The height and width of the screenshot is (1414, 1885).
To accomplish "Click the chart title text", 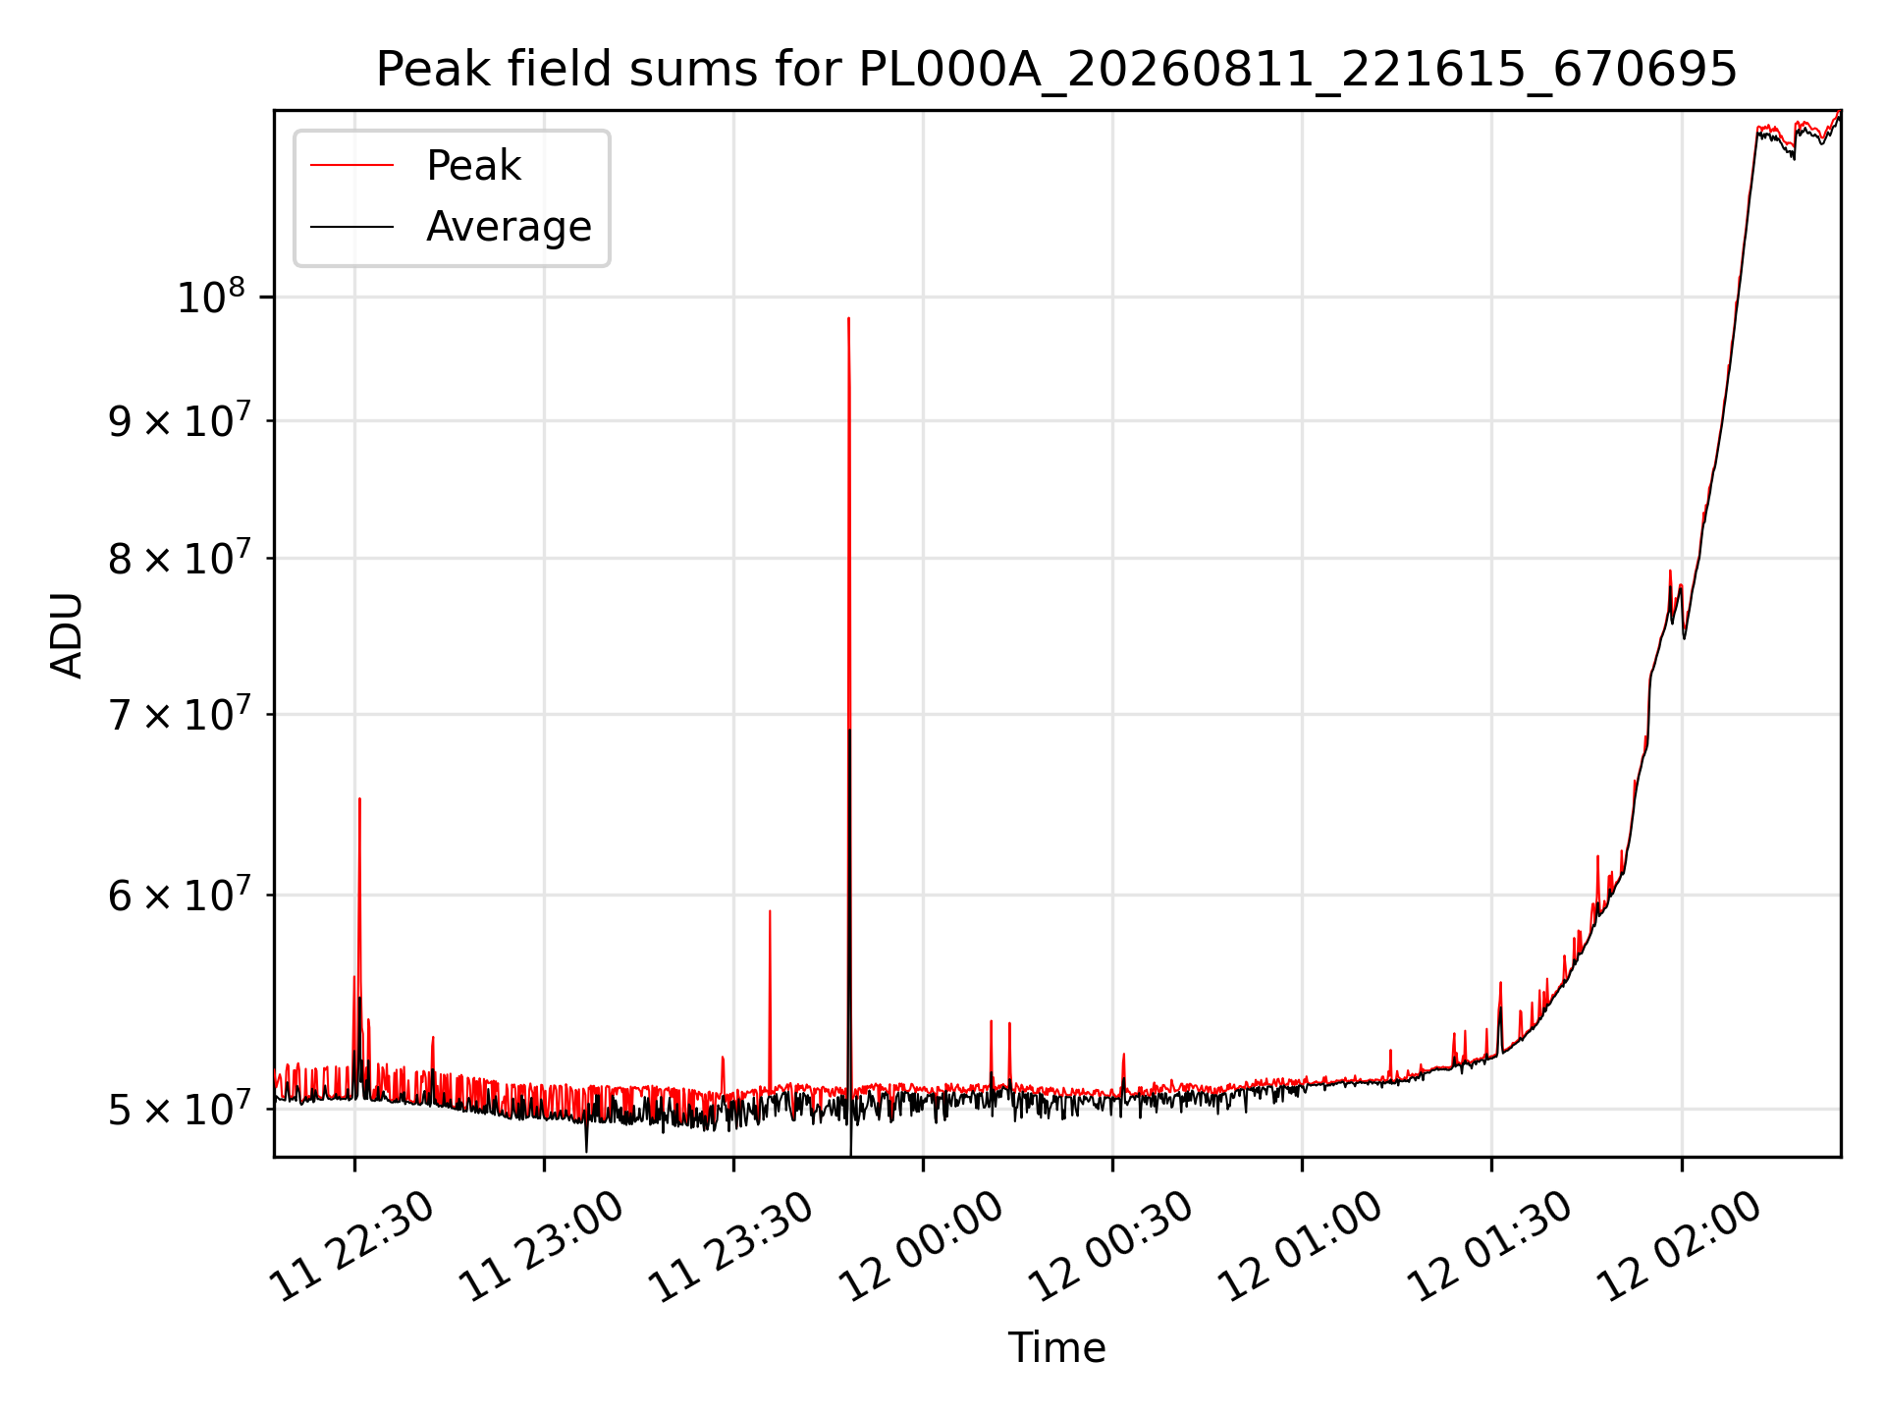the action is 1056,70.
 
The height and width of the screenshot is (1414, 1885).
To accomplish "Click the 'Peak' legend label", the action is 473,166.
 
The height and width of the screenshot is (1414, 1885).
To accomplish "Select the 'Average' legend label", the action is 509,227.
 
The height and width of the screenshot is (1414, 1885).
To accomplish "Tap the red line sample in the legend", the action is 351,166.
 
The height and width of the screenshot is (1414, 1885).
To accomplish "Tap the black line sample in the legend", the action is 351,227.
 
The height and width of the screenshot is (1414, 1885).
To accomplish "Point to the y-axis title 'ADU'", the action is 67,634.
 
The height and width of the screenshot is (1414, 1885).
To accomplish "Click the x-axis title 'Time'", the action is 1056,1348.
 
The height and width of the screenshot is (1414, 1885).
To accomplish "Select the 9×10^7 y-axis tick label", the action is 179,420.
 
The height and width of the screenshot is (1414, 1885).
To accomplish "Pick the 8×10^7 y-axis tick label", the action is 179,558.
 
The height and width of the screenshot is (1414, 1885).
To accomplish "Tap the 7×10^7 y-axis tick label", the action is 179,714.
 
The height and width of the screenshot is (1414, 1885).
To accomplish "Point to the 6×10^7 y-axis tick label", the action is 179,895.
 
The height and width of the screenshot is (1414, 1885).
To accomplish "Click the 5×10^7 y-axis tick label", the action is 179,1109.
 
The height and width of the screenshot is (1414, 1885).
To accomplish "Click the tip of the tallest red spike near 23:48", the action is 848,318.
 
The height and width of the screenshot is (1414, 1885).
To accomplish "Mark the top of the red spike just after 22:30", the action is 359,798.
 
